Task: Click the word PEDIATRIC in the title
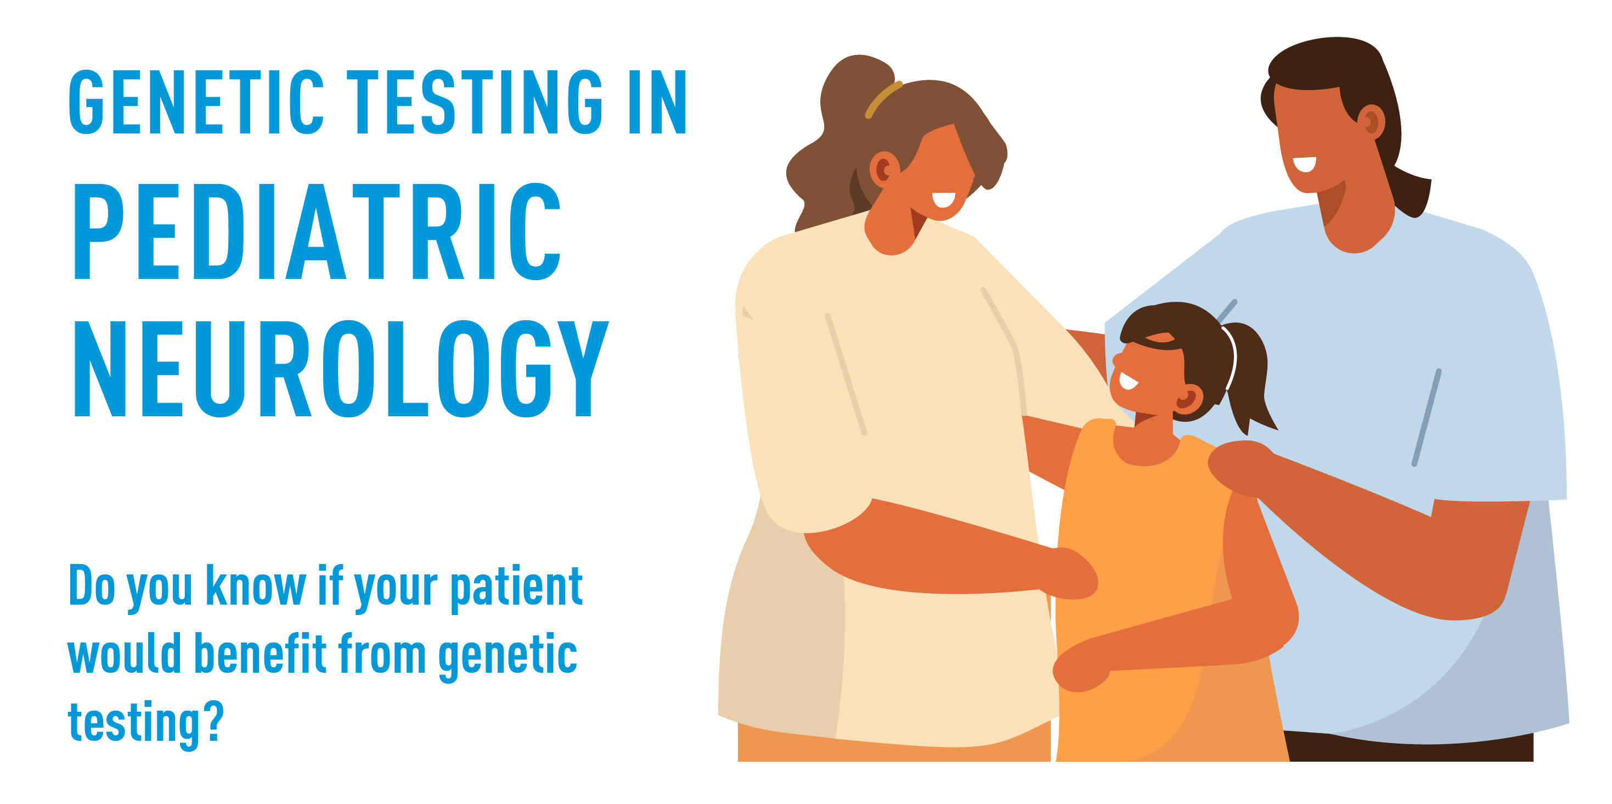(x=317, y=232)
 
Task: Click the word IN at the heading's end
(x=657, y=102)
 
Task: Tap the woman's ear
(x=883, y=169)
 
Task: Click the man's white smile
(x=1305, y=164)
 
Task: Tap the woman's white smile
(x=943, y=200)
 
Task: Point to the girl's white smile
(x=1128, y=381)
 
